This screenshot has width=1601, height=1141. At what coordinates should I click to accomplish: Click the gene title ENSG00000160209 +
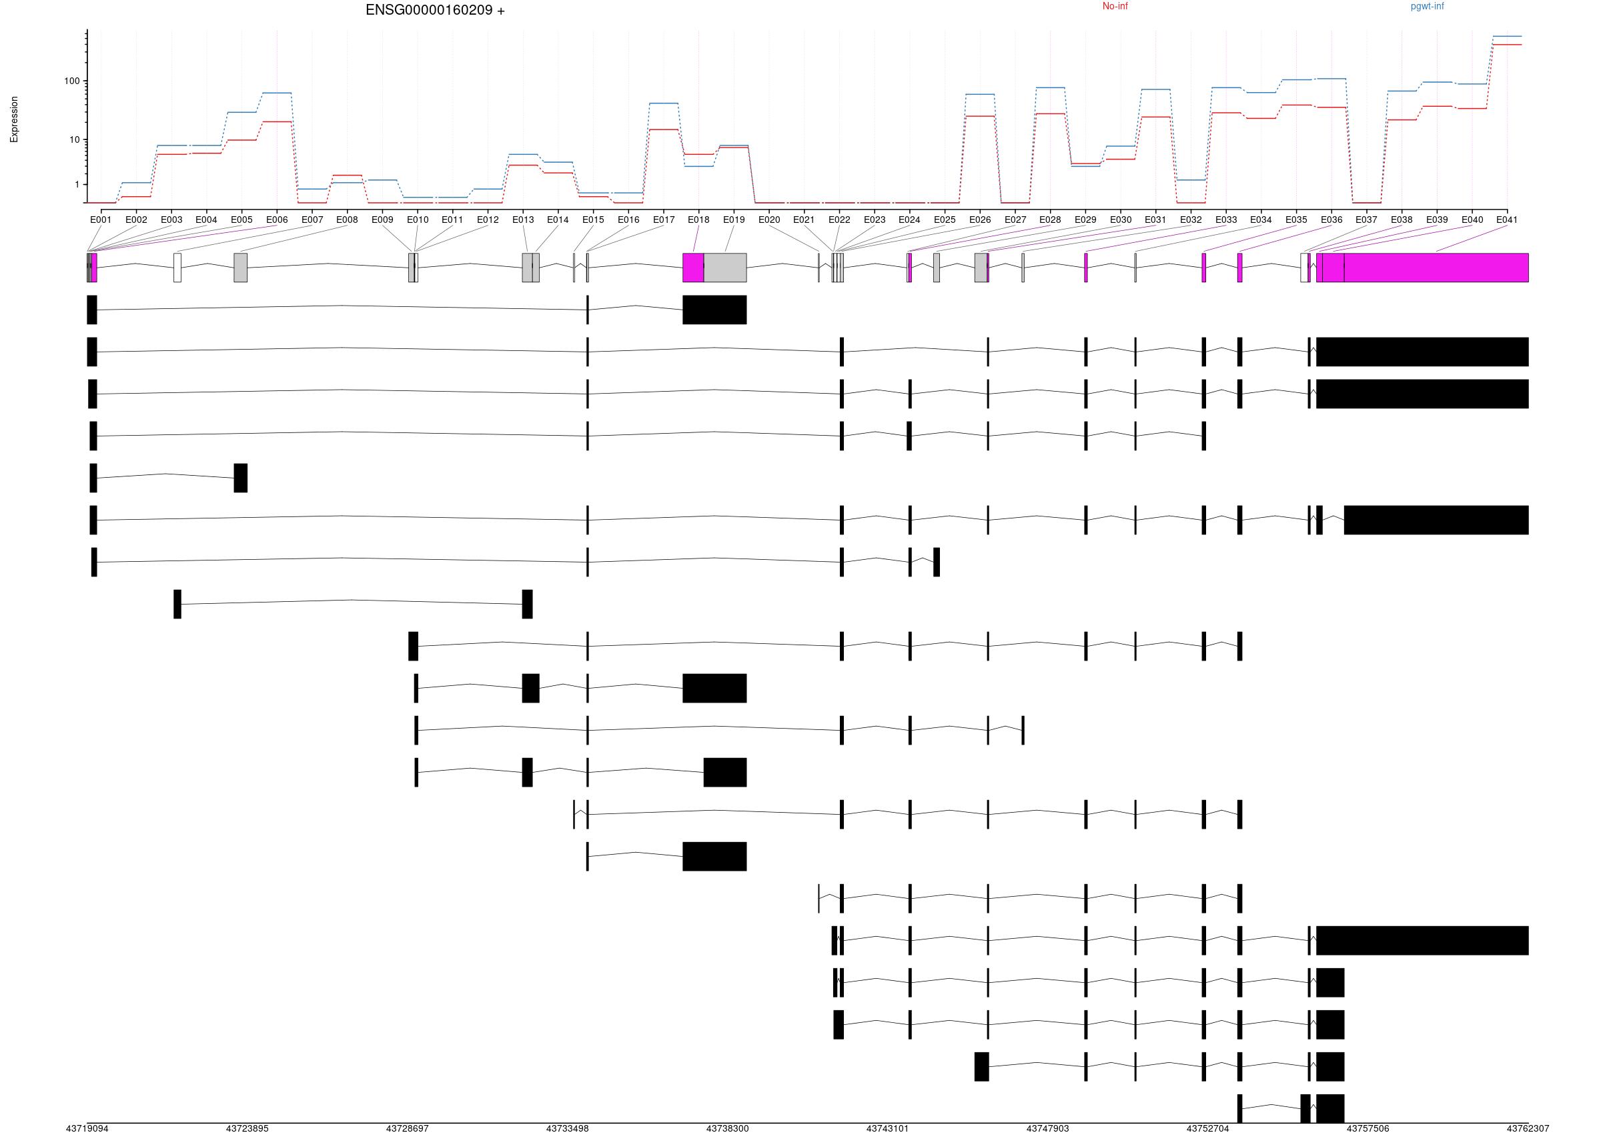[435, 11]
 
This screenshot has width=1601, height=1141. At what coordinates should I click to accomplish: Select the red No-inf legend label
[1115, 6]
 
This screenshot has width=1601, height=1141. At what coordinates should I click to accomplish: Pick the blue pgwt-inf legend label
[1427, 6]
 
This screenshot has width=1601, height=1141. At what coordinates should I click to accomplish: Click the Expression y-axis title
[14, 119]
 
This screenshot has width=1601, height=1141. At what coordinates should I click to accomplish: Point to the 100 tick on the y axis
[71, 81]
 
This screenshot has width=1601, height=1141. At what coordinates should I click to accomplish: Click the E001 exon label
[101, 220]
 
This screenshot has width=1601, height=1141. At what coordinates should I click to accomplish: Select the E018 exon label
[698, 220]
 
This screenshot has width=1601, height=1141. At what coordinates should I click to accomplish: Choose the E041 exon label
[1506, 220]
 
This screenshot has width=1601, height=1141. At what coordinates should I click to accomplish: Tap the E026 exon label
[979, 220]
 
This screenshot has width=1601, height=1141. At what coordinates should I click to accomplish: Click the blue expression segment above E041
[1506, 36]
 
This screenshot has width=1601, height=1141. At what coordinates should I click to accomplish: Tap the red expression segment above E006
[277, 121]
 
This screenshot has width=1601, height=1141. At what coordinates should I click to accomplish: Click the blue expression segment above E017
[664, 103]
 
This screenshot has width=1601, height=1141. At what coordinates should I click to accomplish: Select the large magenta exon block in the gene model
[1436, 268]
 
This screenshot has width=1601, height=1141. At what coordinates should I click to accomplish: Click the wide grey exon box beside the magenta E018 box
[724, 268]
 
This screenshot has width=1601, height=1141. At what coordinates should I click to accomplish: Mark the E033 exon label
[1226, 220]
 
